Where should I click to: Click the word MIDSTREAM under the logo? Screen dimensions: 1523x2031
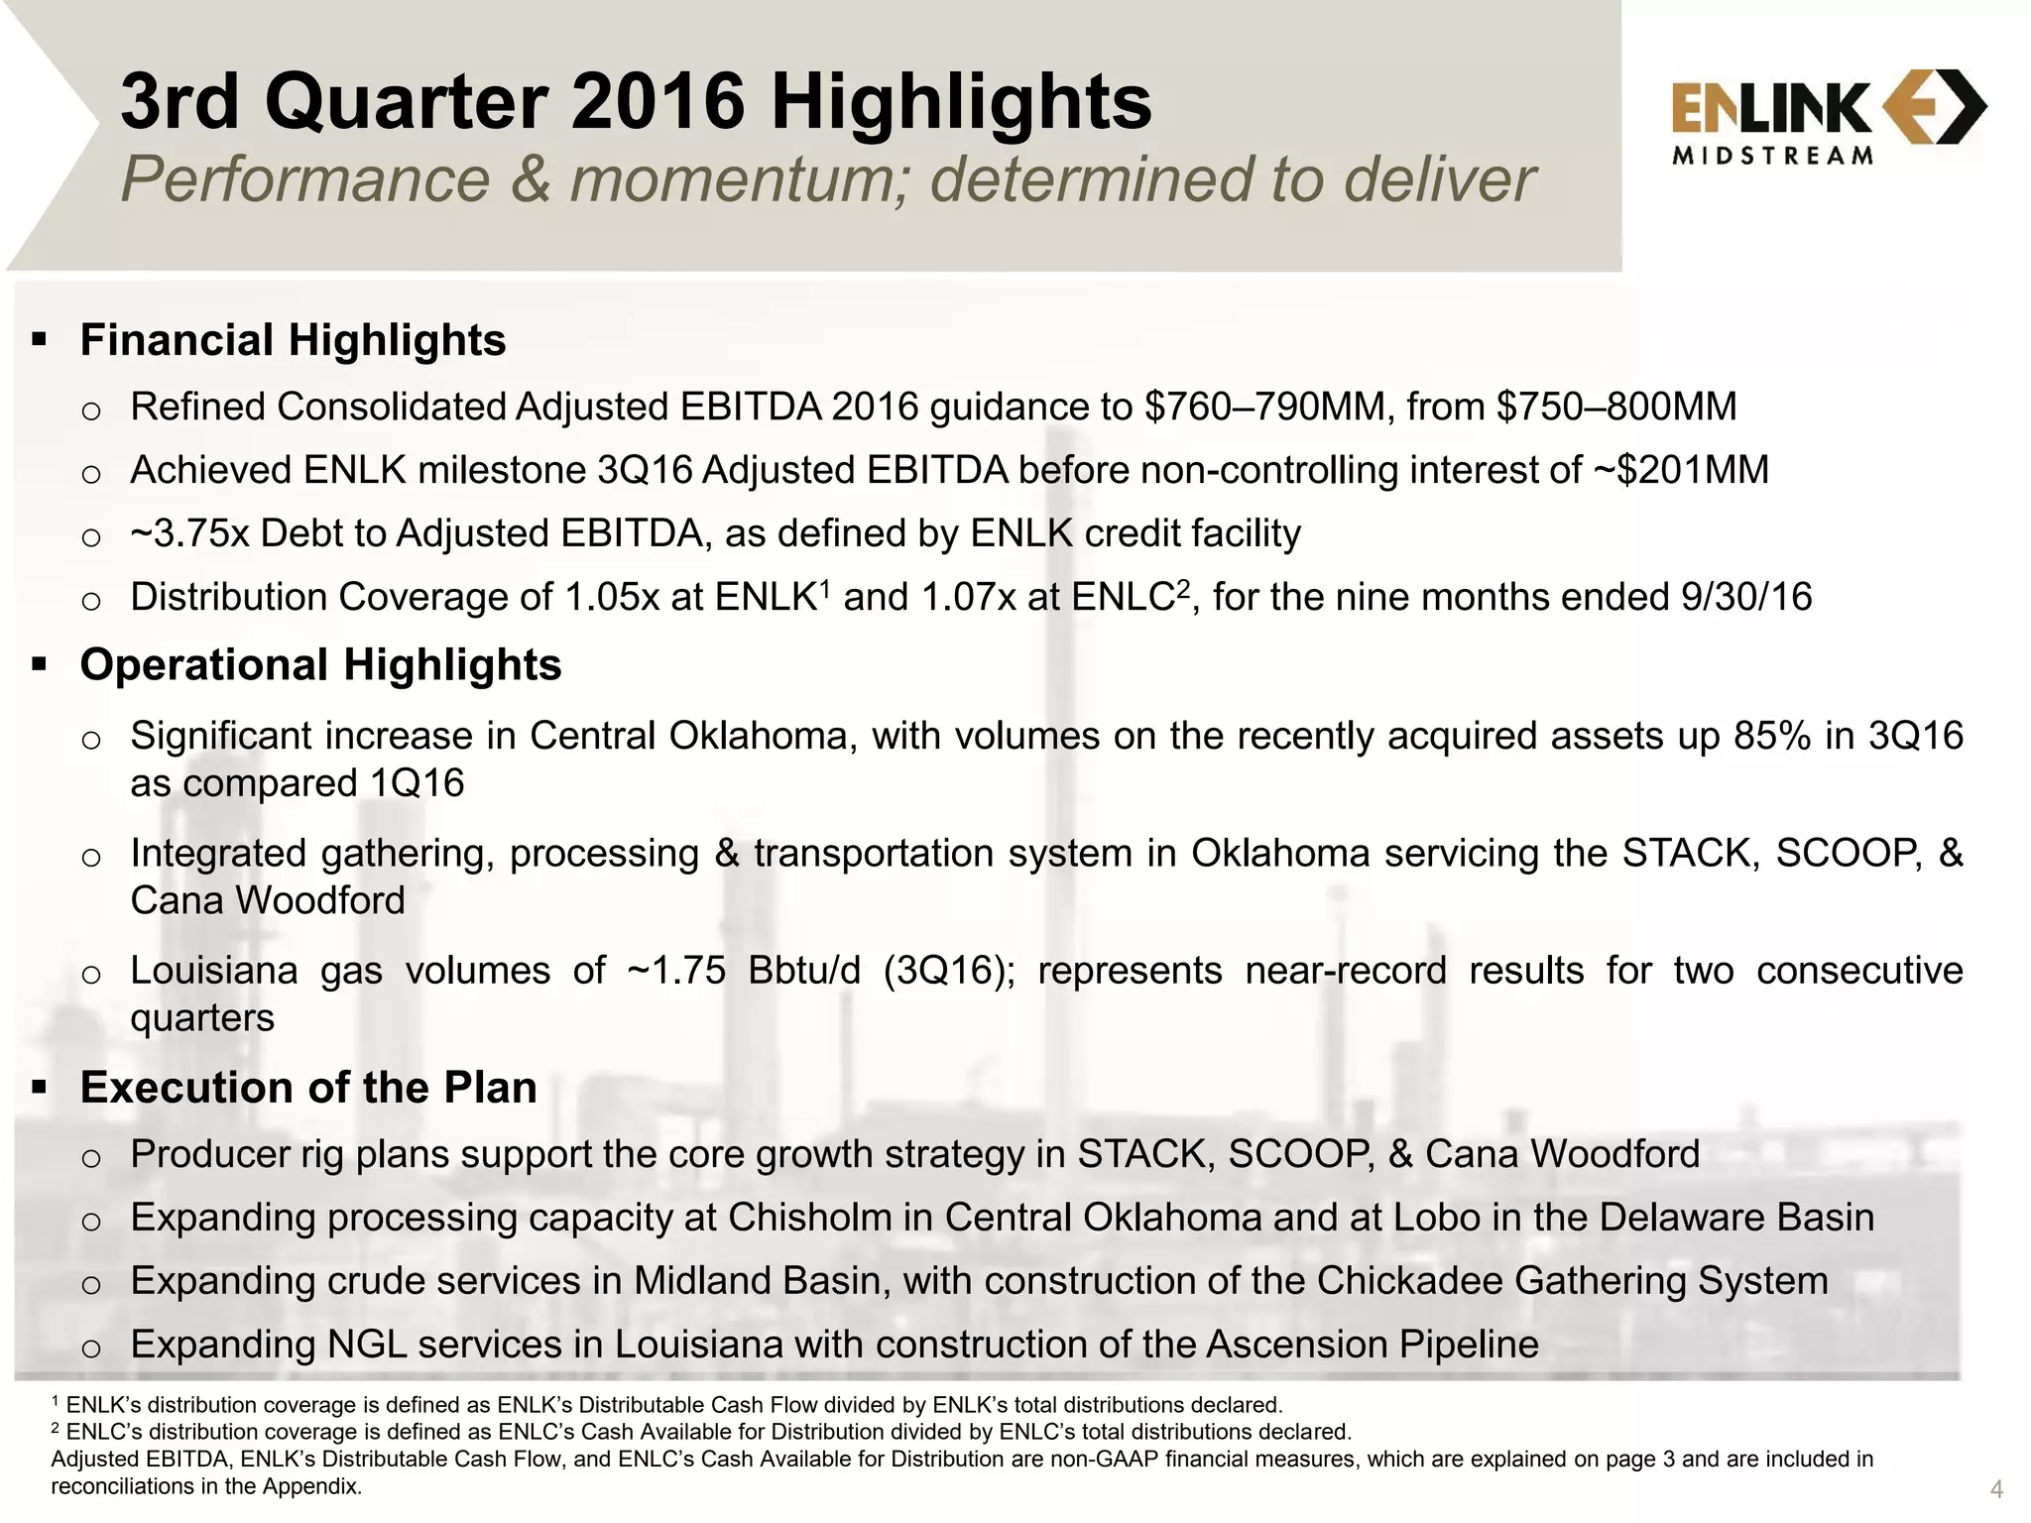(1772, 156)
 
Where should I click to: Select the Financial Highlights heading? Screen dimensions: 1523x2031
(293, 340)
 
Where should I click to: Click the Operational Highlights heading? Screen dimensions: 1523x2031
(320, 664)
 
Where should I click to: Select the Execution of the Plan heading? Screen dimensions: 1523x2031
(308, 1088)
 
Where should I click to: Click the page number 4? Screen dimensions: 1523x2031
(1996, 1489)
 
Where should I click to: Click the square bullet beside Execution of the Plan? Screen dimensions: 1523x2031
(40, 1088)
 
